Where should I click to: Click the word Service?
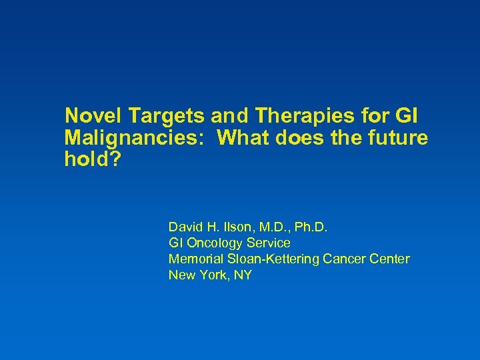[270, 243]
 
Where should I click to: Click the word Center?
[390, 259]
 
